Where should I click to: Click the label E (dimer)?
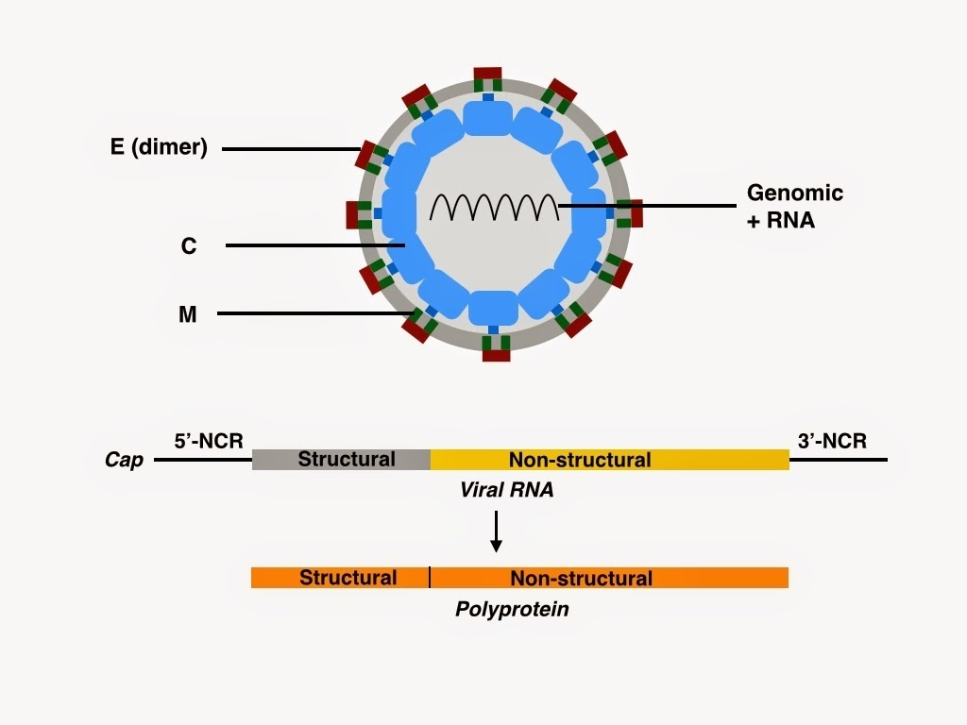[x=158, y=147]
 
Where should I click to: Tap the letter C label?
[x=189, y=246]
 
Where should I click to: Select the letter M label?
[x=188, y=314]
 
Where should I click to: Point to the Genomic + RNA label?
[x=794, y=206]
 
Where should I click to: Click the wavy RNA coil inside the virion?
[x=493, y=206]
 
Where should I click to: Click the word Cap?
[x=124, y=461]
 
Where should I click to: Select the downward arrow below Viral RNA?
[x=496, y=532]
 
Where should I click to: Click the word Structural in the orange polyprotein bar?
[x=348, y=577]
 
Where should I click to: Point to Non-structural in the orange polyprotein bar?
[x=581, y=577]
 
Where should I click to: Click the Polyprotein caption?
[x=513, y=609]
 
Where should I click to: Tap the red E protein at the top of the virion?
[x=487, y=75]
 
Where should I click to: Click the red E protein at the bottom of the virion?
[x=496, y=355]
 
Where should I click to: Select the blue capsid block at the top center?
[x=488, y=119]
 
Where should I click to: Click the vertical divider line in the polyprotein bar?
[x=430, y=577]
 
